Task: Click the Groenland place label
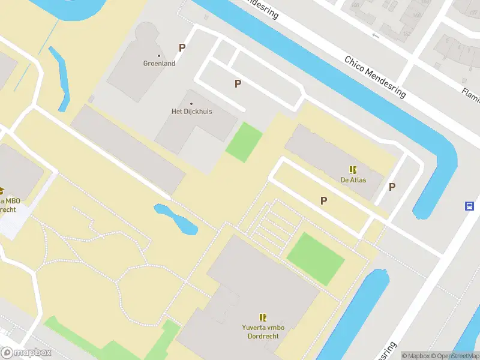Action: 159,64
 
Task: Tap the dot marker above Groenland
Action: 159,56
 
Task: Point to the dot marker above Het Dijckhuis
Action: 192,104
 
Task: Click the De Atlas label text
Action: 353,179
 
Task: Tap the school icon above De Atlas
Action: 353,170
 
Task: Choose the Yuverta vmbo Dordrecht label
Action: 263,331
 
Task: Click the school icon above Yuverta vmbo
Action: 263,317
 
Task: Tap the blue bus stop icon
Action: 469,206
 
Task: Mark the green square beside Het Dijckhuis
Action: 244,142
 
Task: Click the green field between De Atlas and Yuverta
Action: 316,258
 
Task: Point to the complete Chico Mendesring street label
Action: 375,77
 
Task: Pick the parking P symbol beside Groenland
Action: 182,48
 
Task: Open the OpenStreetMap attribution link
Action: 455,356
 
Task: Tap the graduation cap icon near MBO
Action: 2,191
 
